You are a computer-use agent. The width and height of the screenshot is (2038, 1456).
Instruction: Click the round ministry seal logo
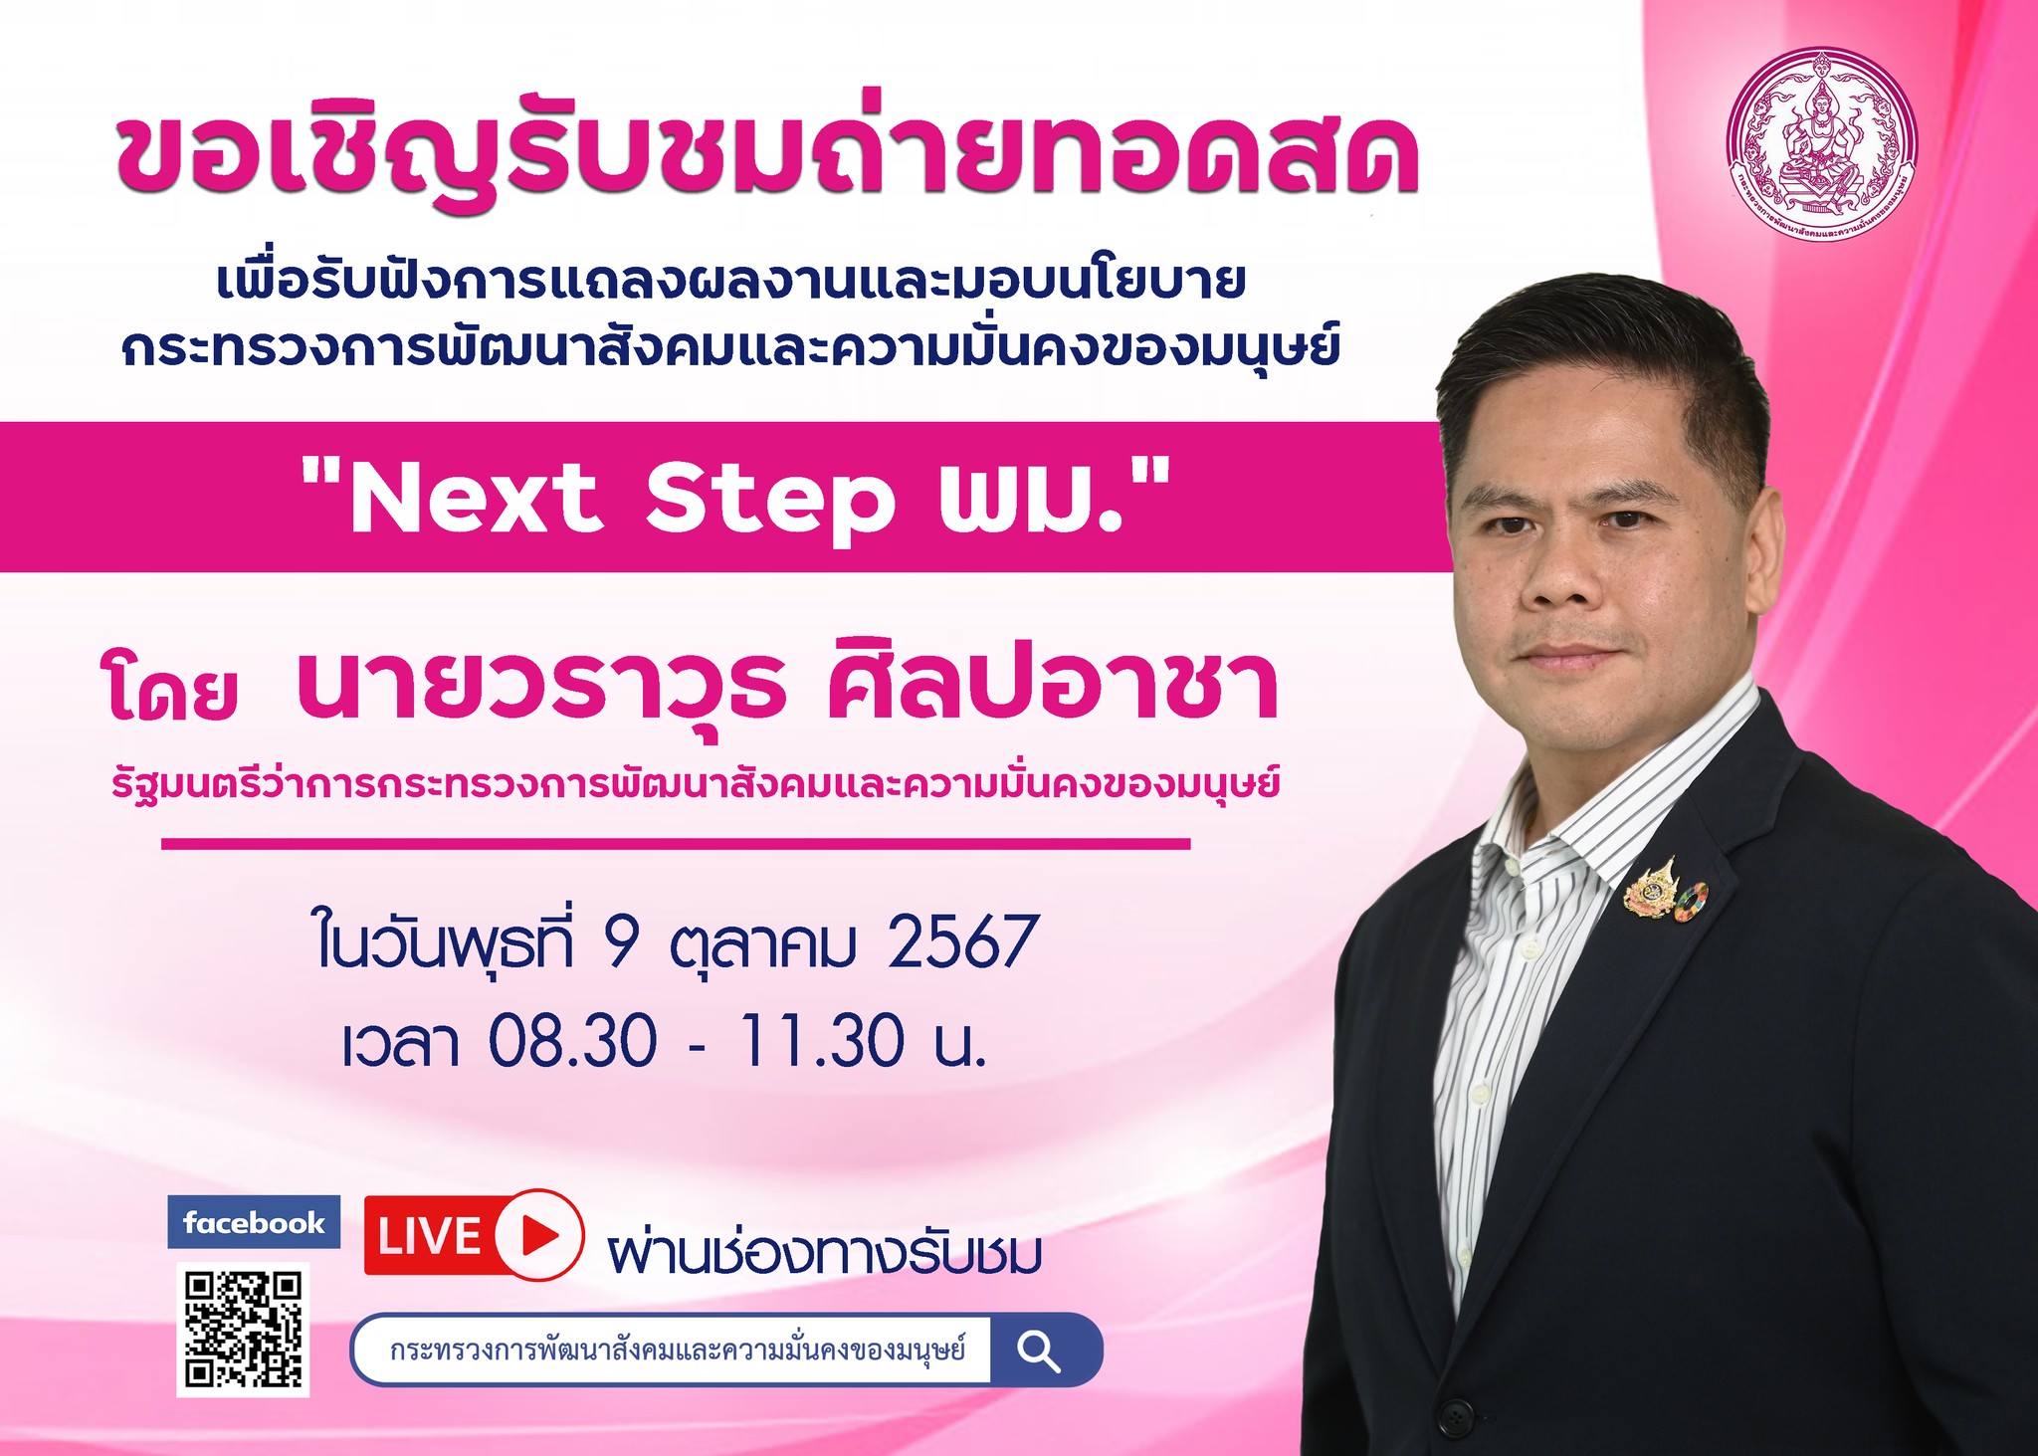[1821, 143]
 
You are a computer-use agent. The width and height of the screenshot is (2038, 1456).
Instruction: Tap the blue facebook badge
[254, 1222]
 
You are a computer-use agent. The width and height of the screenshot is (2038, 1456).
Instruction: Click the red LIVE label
[428, 1235]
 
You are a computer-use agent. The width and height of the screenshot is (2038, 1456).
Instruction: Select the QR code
[243, 1330]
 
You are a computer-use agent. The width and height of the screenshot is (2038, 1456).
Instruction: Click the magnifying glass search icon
[1038, 1352]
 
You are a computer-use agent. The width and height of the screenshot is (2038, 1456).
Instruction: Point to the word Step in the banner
[770, 502]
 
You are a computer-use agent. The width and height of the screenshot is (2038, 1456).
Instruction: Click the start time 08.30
[572, 1041]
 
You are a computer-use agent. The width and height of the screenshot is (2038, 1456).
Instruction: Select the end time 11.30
[821, 1041]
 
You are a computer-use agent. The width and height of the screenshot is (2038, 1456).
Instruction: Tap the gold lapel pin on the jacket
[1652, 888]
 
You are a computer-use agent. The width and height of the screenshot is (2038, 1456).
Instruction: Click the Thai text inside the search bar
[678, 1351]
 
